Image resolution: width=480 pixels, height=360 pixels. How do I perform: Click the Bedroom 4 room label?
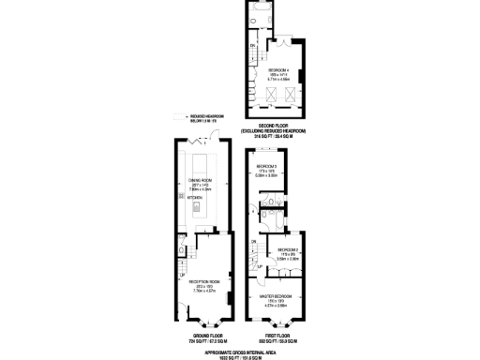coord(277,70)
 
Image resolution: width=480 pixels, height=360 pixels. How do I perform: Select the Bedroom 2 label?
coord(287,249)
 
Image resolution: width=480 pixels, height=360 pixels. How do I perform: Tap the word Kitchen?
coord(195,198)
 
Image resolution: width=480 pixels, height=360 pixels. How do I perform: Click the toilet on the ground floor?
coord(181,249)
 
